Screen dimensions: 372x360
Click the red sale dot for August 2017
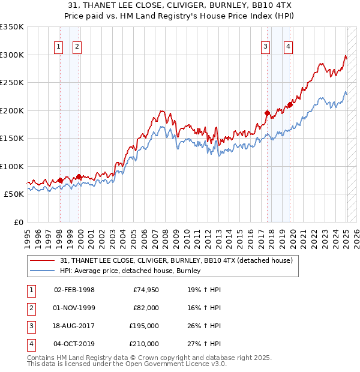(x=267, y=113)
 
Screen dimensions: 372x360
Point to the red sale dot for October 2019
(x=290, y=104)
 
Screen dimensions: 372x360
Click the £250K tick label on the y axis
(x=12, y=83)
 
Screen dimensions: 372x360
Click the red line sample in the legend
(x=43, y=261)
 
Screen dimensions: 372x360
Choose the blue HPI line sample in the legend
(x=43, y=271)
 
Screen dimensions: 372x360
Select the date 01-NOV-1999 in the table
(x=74, y=308)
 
